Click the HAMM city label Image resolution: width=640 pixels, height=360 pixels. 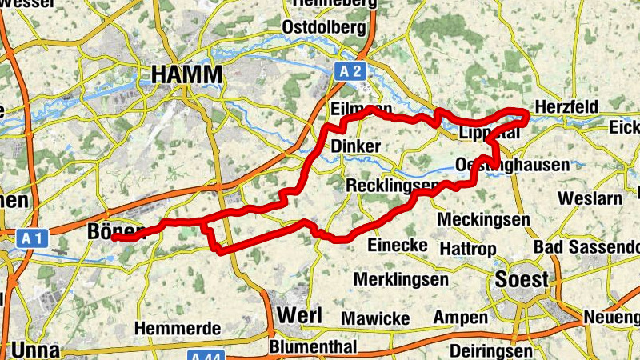186,74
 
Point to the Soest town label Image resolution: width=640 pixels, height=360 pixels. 522,279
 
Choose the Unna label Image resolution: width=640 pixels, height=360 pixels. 35,350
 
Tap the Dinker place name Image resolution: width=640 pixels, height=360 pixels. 355,146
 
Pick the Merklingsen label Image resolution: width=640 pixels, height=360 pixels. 400,280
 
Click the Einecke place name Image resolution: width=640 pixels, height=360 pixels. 397,245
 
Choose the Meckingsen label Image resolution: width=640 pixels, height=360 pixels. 484,219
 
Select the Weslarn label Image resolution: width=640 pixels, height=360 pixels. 592,198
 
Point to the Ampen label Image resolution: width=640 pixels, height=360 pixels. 460,318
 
